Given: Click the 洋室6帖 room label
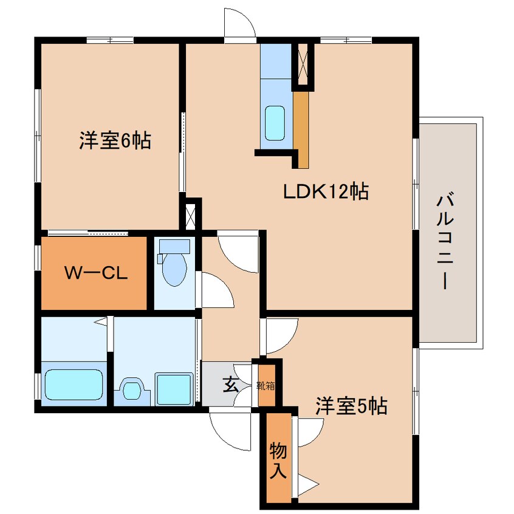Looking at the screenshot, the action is (x=115, y=140).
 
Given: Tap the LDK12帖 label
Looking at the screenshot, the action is (x=326, y=191).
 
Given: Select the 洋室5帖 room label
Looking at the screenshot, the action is (x=351, y=406).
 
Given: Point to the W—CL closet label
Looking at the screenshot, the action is (x=96, y=273).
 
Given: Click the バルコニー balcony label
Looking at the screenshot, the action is (x=445, y=242).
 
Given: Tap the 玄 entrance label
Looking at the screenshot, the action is (x=231, y=385).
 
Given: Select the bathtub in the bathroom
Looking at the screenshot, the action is (x=74, y=385).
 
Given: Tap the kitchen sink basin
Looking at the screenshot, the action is (x=275, y=123).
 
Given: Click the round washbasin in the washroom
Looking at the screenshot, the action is (x=132, y=390).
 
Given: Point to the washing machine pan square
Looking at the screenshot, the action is (x=174, y=389).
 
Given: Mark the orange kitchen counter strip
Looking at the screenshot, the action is (x=301, y=130).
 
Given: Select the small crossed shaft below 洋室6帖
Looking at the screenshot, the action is (x=190, y=217).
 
